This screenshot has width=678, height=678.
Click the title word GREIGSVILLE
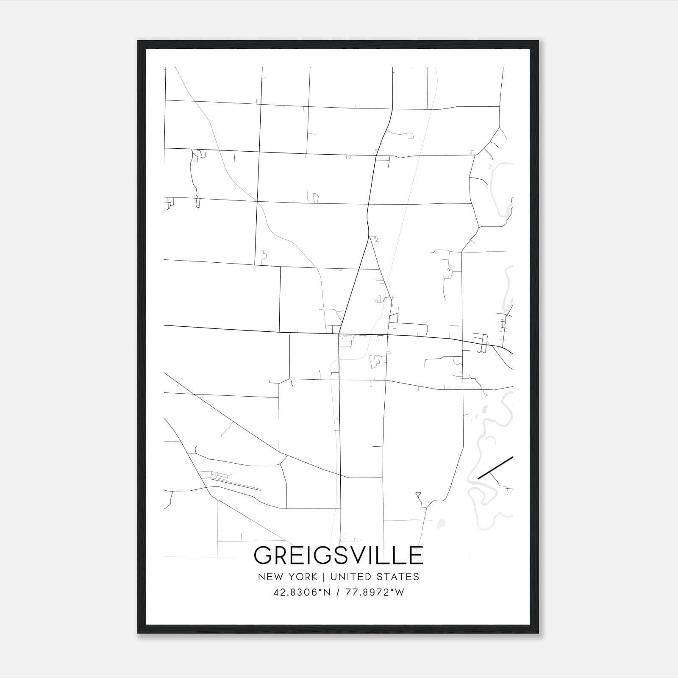tap(338, 555)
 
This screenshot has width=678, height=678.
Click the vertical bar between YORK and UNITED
tap(323, 576)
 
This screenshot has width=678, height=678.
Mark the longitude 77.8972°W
tap(375, 592)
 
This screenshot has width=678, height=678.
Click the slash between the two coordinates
tap(338, 592)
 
